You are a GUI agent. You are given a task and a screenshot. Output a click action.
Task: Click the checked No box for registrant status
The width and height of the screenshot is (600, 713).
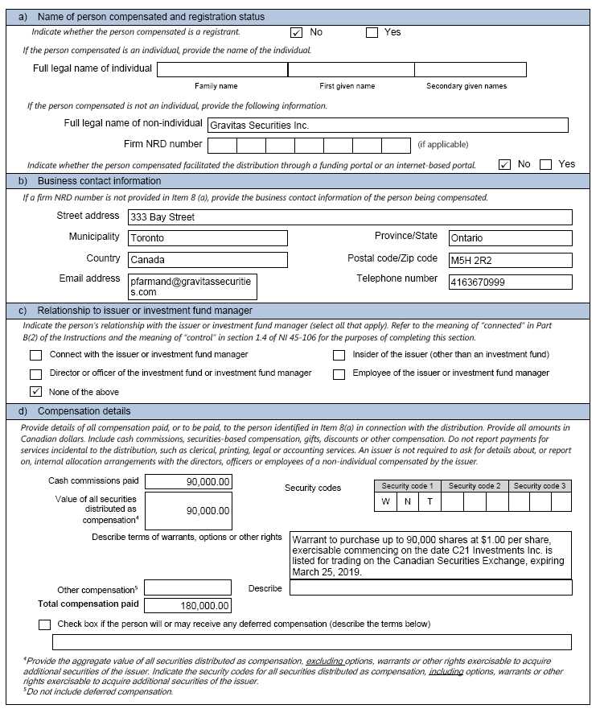click(296, 33)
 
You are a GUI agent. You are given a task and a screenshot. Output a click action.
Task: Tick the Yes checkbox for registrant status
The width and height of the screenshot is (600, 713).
click(372, 33)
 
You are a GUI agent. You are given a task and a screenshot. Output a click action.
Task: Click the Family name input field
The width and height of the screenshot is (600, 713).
click(222, 70)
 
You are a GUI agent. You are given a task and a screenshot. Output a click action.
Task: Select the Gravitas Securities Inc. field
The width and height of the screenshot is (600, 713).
click(388, 126)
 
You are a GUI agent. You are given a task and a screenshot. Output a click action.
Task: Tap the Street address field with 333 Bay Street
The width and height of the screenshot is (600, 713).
click(350, 217)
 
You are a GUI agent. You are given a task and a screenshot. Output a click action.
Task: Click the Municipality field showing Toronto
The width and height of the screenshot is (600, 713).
click(208, 238)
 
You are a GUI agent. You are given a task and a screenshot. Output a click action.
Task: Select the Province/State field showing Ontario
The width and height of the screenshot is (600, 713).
click(510, 238)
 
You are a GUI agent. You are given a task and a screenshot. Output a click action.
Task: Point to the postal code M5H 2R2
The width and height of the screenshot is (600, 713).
click(510, 260)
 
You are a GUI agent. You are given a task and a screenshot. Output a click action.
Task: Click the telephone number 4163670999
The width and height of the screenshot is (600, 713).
click(510, 282)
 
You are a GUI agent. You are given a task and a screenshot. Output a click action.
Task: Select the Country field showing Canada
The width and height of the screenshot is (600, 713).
click(208, 260)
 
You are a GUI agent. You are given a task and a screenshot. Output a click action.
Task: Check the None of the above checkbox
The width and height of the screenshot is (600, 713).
click(35, 392)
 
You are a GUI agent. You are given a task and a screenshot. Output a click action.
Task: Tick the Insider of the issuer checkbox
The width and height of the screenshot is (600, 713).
click(339, 355)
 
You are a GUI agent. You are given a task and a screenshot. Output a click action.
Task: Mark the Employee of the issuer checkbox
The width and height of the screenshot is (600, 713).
click(339, 374)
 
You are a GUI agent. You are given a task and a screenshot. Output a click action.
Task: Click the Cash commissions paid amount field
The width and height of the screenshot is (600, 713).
click(188, 482)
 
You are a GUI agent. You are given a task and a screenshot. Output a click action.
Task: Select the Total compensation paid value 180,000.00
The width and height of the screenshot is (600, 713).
click(188, 606)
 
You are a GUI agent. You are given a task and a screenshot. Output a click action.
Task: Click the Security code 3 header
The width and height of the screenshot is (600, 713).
click(540, 486)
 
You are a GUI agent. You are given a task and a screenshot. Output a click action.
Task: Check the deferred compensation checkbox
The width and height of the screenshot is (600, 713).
click(44, 624)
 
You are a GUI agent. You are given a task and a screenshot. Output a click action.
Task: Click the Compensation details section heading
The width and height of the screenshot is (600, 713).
click(84, 411)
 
